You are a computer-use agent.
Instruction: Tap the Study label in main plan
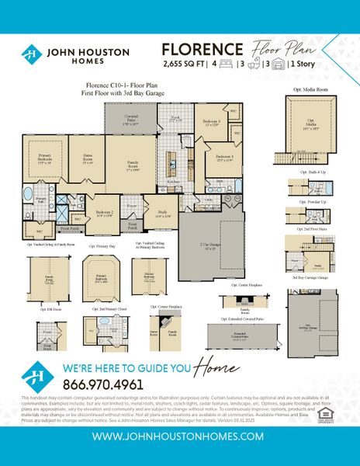[163, 214]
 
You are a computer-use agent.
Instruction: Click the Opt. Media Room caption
[313, 90]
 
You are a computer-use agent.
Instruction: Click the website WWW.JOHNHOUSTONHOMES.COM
[180, 436]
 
